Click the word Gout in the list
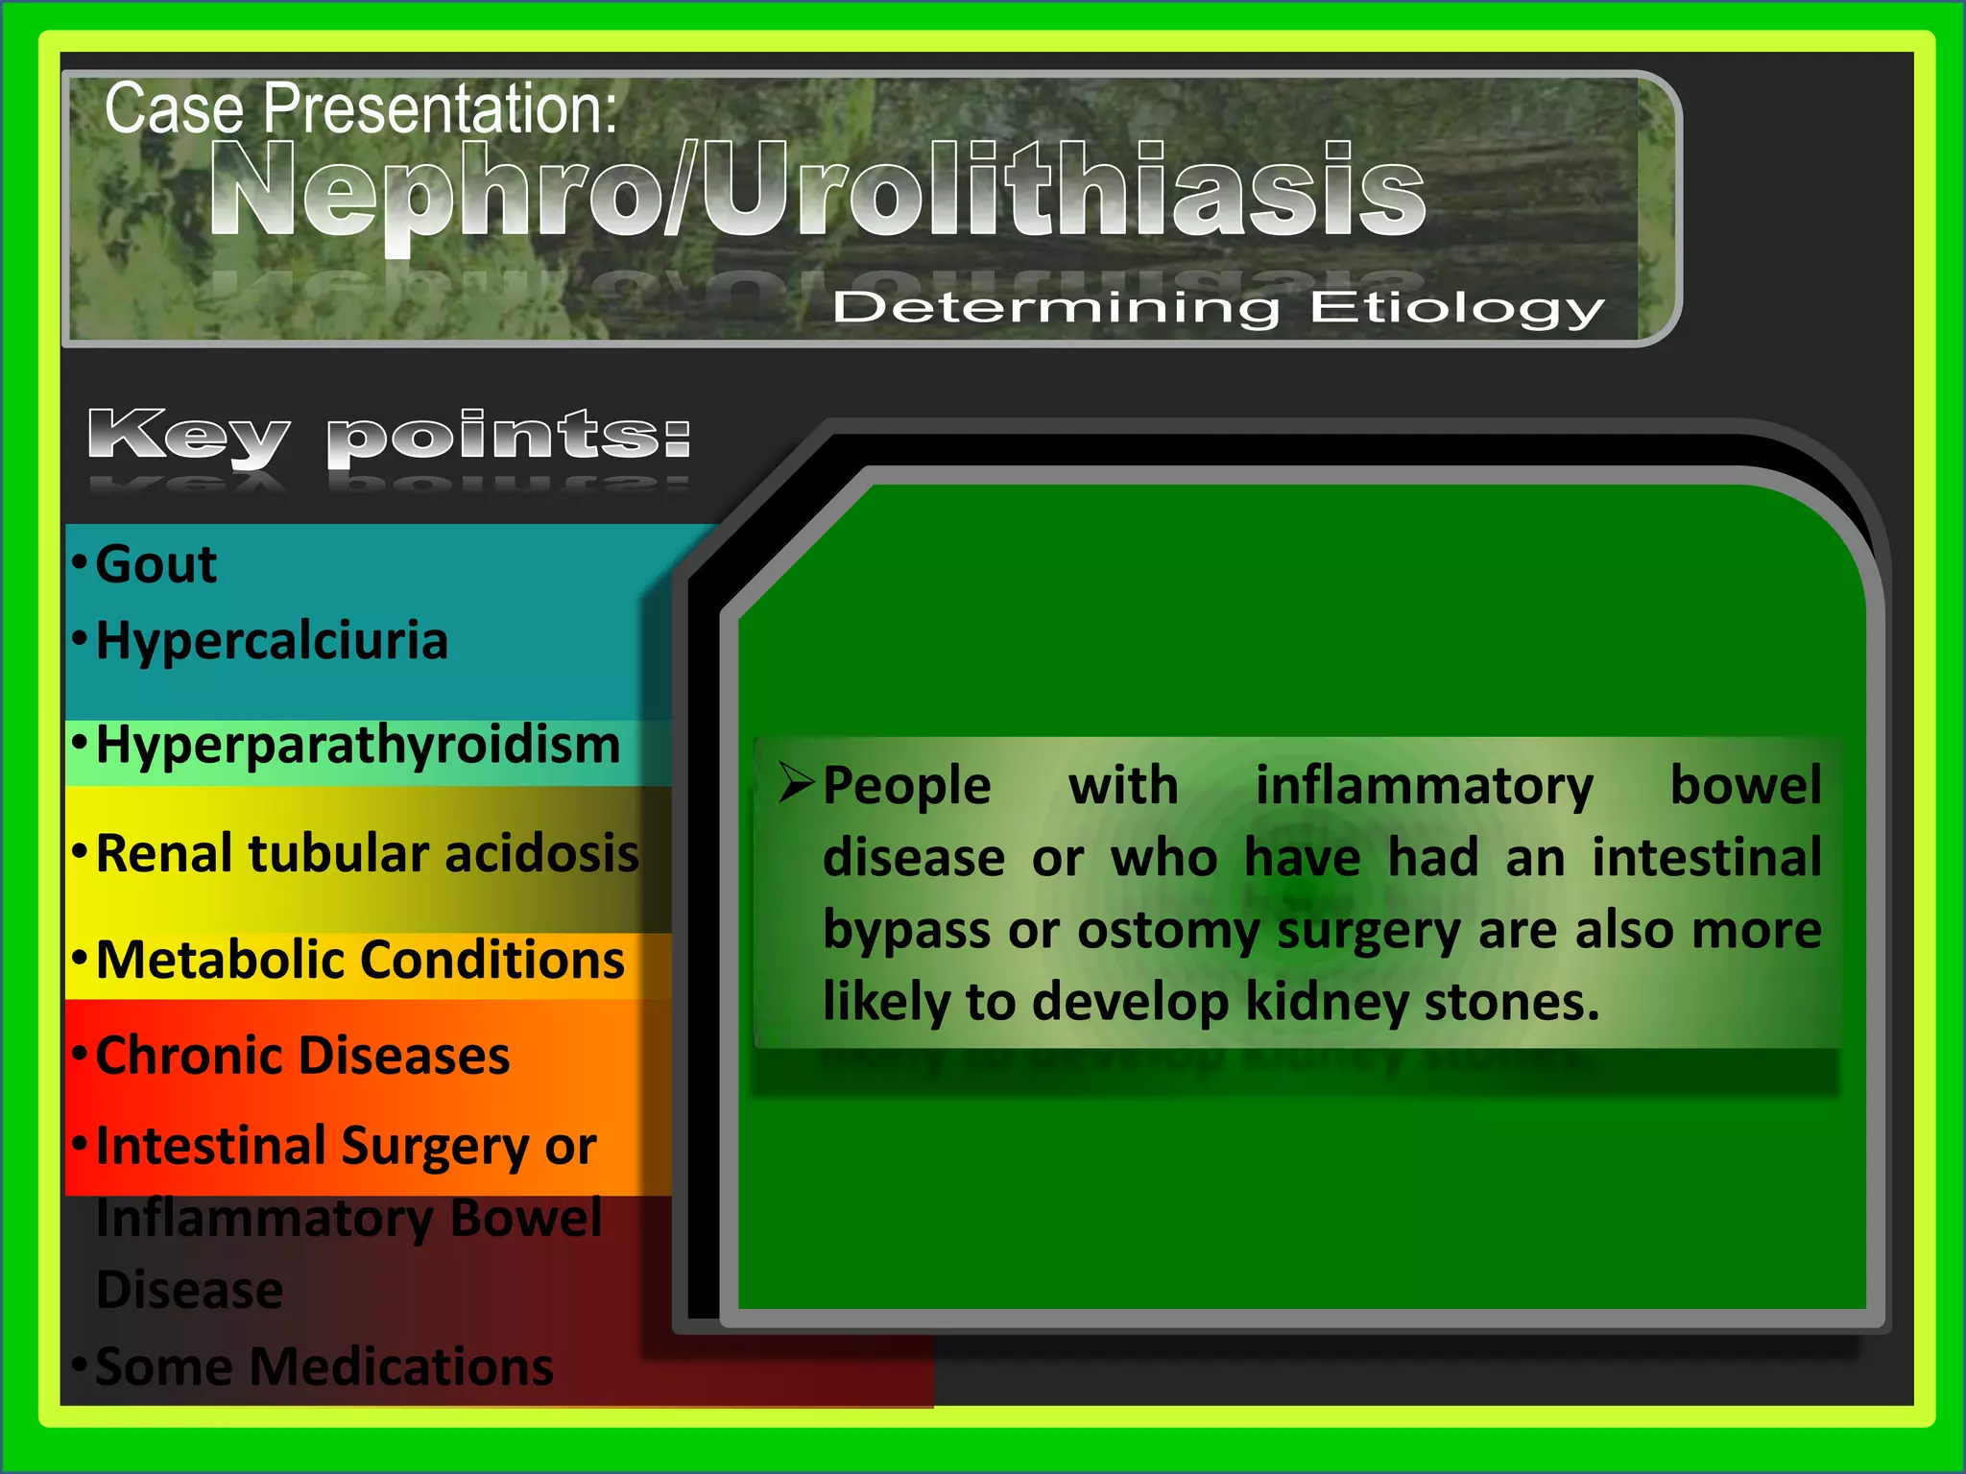point(156,564)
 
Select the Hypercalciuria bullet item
point(272,641)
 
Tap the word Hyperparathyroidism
point(358,746)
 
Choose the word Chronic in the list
point(198,1056)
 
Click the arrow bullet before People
point(797,782)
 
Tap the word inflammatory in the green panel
point(1425,786)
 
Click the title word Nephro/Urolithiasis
point(818,190)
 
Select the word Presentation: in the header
point(440,108)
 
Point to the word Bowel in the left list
point(526,1219)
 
